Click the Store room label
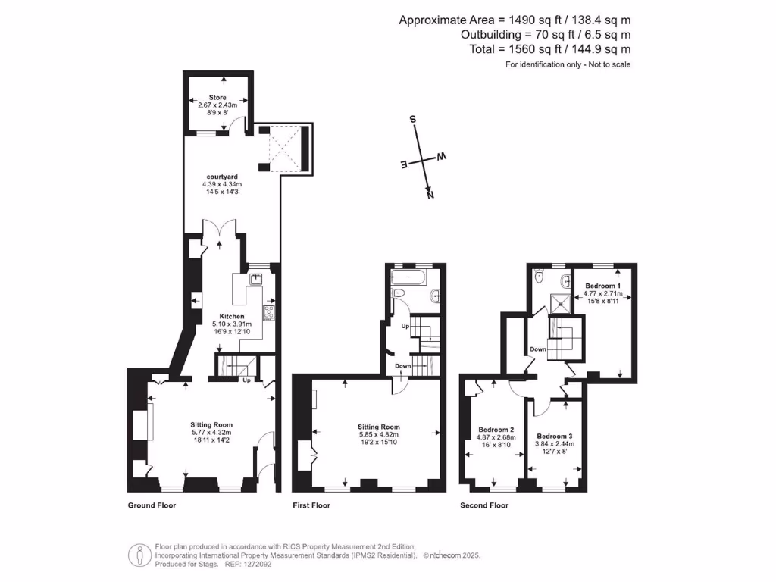tap(217, 98)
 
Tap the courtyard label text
tap(221, 177)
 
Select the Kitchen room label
tap(232, 316)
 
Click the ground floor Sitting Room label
tap(211, 424)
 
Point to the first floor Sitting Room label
tap(378, 427)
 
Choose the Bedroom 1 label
tap(603, 286)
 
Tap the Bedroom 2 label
tap(496, 430)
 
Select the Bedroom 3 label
tap(554, 436)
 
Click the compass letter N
tap(430, 195)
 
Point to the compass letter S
tap(413, 120)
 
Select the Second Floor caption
tap(484, 505)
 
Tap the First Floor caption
tap(311, 505)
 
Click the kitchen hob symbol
tap(268, 311)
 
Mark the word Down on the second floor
tap(539, 349)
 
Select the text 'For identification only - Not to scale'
tap(568, 64)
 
